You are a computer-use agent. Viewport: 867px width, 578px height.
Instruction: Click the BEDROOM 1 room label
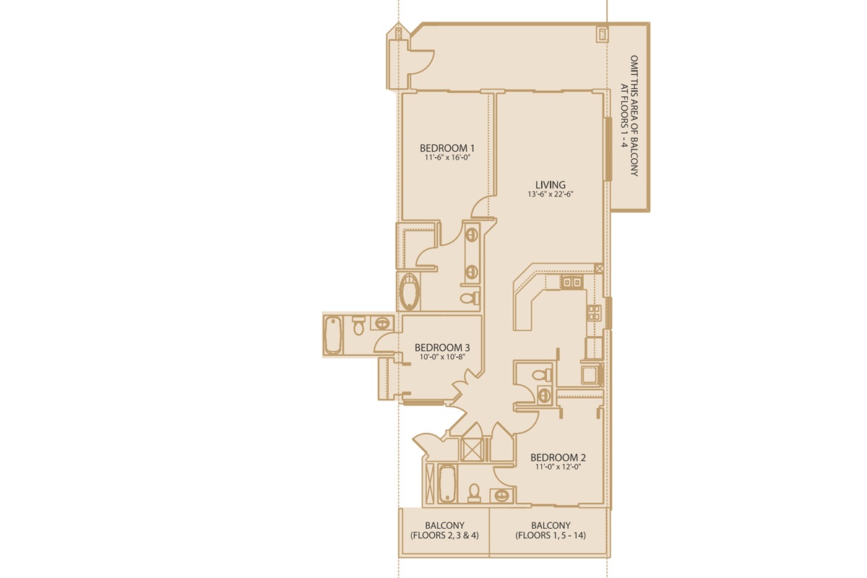click(x=447, y=148)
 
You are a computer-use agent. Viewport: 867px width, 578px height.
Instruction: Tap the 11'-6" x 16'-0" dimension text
click(x=447, y=158)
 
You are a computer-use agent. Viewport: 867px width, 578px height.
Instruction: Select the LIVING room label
click(x=551, y=185)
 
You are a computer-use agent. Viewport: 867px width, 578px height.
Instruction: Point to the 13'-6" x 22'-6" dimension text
click(x=551, y=194)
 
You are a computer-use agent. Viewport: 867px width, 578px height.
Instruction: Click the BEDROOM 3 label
click(x=442, y=348)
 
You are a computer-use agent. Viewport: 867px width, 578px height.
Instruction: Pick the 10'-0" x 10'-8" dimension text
click(x=442, y=357)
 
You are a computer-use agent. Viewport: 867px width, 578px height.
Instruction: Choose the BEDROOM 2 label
click(x=558, y=457)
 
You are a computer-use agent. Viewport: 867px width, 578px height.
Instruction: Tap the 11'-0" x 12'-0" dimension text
click(x=558, y=467)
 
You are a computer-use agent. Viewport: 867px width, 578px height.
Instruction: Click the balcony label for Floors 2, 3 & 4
click(x=445, y=530)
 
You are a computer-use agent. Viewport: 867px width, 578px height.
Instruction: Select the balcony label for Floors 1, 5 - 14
click(x=551, y=530)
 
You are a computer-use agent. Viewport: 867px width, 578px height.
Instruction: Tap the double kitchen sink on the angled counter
click(x=571, y=282)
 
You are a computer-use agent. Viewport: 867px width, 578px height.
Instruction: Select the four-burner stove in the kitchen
click(x=594, y=312)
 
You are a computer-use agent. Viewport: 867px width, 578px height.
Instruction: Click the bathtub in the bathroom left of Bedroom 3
click(x=333, y=335)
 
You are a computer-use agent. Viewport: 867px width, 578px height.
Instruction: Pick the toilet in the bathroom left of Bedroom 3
click(x=359, y=326)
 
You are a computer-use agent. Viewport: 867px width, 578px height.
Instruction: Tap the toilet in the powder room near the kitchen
click(x=541, y=374)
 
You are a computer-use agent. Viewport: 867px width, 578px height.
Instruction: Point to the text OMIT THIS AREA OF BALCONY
click(x=634, y=116)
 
